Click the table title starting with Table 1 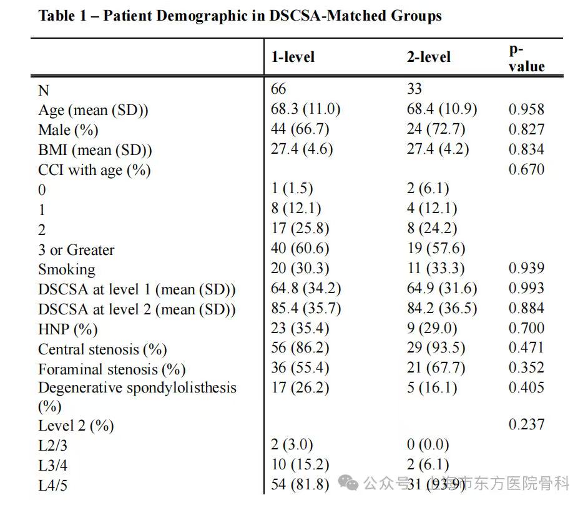coord(240,16)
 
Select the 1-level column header coord(292,57)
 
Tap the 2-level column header coord(428,57)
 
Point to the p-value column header coord(526,58)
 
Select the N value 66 coord(278,89)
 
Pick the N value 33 coord(414,89)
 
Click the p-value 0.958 coord(526,109)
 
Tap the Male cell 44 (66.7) coord(300,129)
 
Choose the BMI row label coord(95,150)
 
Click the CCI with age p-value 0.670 coord(526,169)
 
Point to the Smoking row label coord(67,269)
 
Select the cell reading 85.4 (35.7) coord(305,308)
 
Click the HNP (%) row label coord(68,329)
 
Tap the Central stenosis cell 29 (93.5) coord(436,348)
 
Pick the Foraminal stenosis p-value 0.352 coord(526,368)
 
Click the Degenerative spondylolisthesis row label coord(137,388)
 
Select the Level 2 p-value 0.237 coord(526,425)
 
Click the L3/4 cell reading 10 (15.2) coord(300,465)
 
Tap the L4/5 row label coord(52,486)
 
